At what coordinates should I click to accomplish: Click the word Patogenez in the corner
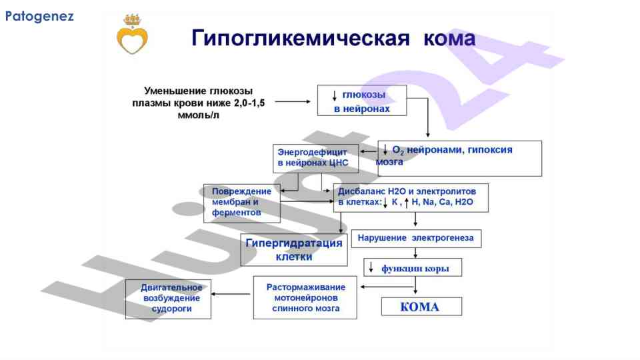tap(39, 16)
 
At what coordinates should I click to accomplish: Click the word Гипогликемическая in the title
tap(300, 37)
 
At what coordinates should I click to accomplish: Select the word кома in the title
tap(449, 37)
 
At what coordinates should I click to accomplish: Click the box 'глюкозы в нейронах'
tap(361, 101)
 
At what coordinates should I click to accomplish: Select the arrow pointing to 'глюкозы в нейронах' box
tap(293, 101)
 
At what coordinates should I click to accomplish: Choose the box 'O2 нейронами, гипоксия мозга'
tap(459, 157)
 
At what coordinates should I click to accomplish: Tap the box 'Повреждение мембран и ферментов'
tap(241, 203)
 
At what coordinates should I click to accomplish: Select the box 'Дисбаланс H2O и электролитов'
tap(410, 197)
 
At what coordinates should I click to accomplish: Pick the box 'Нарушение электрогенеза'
tap(420, 238)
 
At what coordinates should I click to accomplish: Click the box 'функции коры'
tap(413, 268)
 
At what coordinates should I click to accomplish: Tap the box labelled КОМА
tap(421, 307)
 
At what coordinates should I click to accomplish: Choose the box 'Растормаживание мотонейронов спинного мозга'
tap(305, 298)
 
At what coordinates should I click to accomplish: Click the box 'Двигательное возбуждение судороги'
tap(168, 299)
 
